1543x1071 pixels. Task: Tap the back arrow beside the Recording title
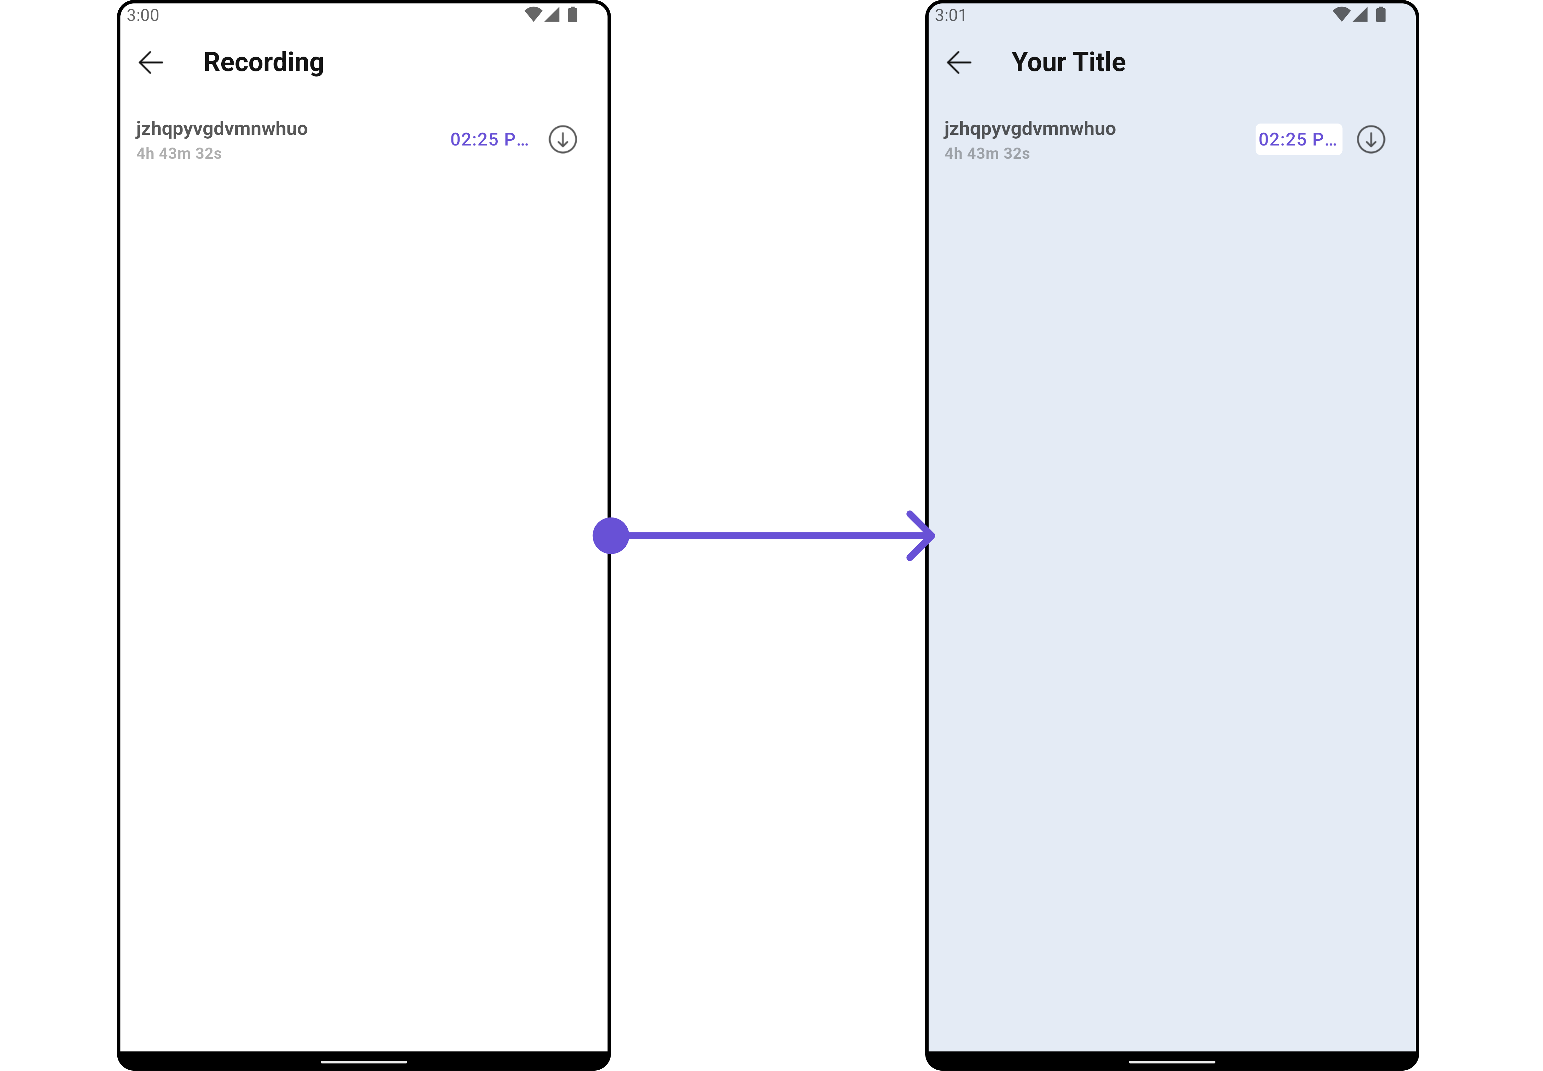(151, 62)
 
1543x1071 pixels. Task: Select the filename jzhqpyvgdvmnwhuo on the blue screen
(1030, 129)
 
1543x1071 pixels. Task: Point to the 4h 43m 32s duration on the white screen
(179, 154)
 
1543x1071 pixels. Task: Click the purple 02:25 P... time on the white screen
(489, 140)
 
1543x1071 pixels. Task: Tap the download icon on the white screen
(563, 140)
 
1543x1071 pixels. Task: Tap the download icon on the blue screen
(1370, 140)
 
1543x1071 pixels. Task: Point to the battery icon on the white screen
(572, 15)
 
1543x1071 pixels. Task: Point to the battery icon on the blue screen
(1381, 15)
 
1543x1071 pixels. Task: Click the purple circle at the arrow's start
(611, 535)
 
